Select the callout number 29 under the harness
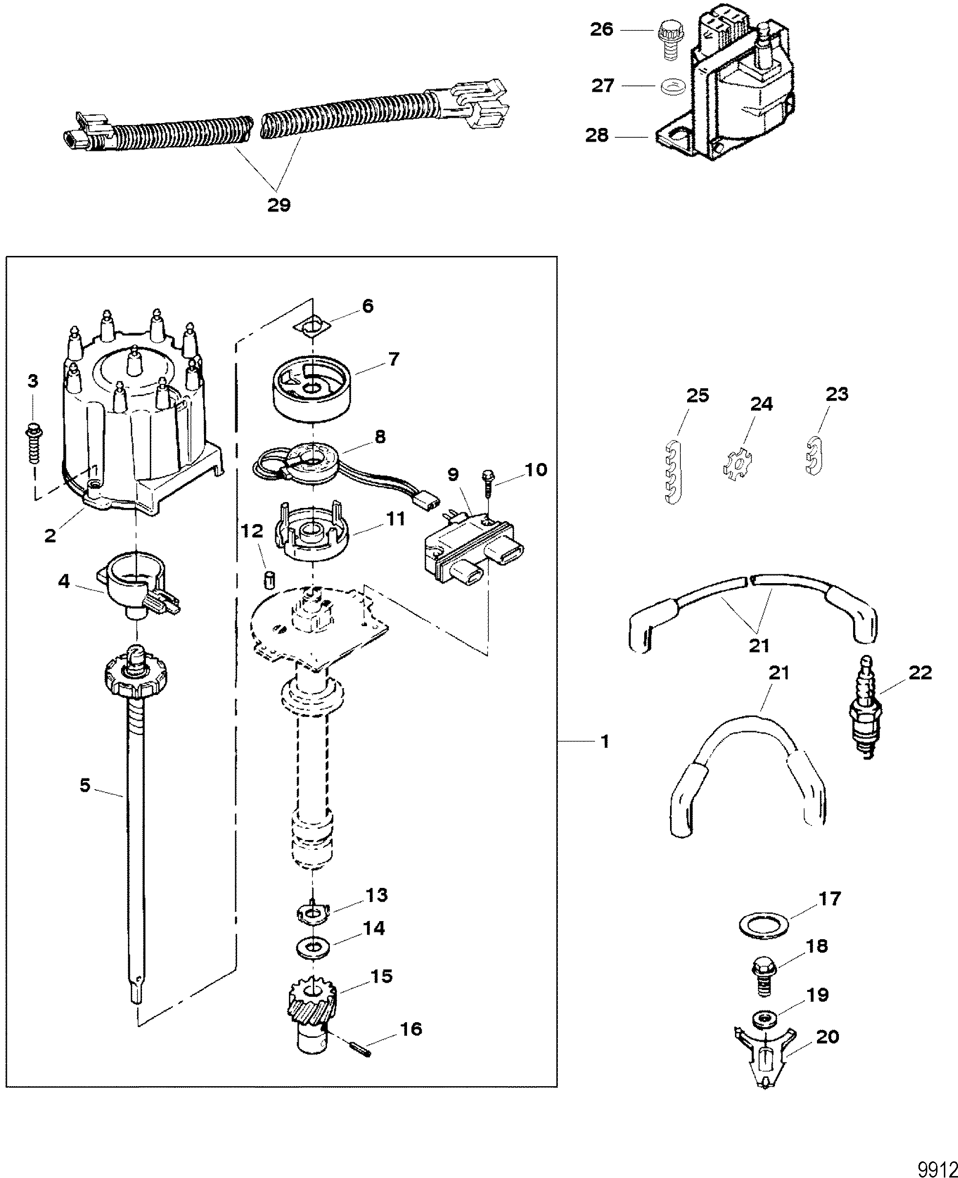(279, 205)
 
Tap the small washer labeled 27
(669, 87)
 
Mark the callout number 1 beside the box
(604, 742)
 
